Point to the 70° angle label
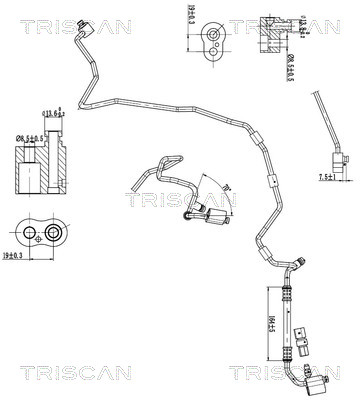click(225, 187)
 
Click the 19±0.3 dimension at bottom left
click(14, 257)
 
